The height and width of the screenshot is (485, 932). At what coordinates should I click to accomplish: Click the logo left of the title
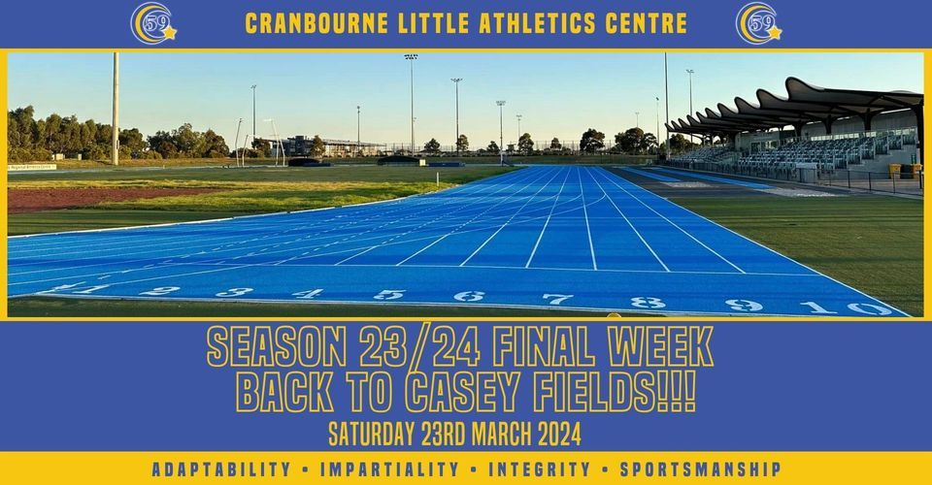pos(152,23)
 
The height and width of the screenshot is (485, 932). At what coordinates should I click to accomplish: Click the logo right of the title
pos(758,23)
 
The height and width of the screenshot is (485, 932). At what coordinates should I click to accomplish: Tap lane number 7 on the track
pos(556,299)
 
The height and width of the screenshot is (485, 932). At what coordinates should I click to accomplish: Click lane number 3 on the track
pos(235,291)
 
